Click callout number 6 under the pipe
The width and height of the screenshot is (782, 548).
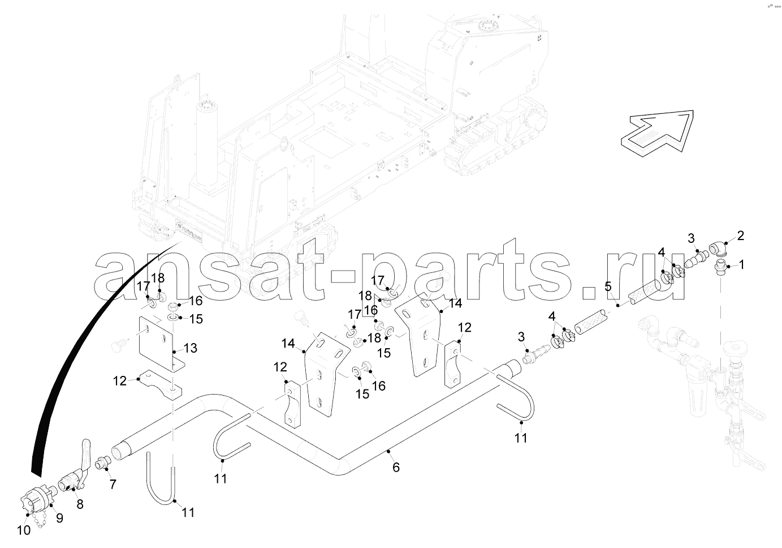[x=396, y=467]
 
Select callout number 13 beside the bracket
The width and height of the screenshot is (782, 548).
[x=190, y=348]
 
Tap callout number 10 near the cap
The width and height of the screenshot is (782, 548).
[x=24, y=530]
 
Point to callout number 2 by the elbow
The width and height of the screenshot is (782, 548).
[x=740, y=236]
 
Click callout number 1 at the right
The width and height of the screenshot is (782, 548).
[x=742, y=264]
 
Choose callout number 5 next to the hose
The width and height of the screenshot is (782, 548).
[x=608, y=286]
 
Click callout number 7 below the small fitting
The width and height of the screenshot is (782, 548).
[x=113, y=485]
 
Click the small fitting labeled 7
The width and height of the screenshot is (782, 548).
[x=102, y=464]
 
